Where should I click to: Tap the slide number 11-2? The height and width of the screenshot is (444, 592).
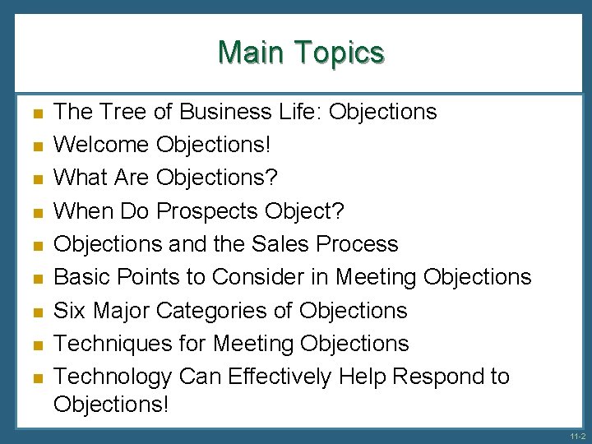576,436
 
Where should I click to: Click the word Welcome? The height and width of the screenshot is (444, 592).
101,145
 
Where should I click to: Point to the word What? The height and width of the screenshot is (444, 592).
79,178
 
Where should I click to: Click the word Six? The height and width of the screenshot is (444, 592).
71,311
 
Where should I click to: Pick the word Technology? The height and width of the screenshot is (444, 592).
113,377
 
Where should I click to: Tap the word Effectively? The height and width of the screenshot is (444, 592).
279,377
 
